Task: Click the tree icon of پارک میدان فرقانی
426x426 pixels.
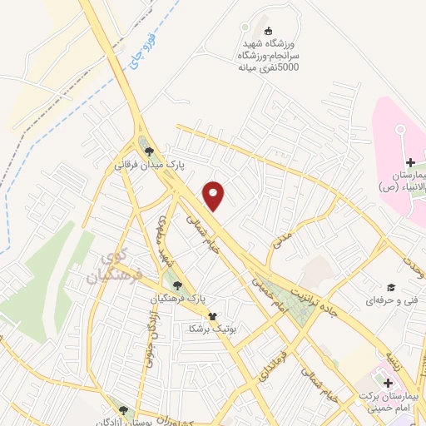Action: tap(149, 151)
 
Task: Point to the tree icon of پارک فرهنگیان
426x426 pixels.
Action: tap(177, 285)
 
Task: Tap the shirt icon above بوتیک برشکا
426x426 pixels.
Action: tap(212, 316)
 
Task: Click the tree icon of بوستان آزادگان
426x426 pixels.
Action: tap(124, 409)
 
